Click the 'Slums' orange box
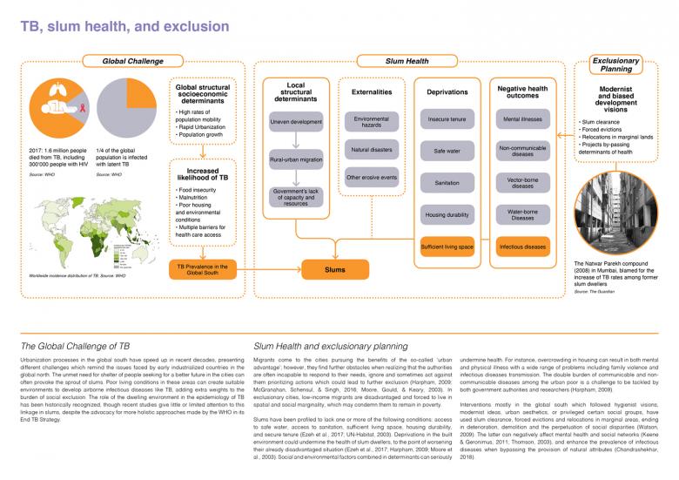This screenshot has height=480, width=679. (335, 270)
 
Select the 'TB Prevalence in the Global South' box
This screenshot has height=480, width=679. (203, 270)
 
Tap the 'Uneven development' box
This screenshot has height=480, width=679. (295, 122)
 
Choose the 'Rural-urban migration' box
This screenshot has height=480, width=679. (295, 160)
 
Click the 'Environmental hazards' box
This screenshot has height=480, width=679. (372, 122)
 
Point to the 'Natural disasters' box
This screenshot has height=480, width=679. (372, 151)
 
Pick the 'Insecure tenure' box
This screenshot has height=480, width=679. (447, 119)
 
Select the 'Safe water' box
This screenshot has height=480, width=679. (447, 152)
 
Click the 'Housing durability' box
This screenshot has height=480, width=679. (447, 214)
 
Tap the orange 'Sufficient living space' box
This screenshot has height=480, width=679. (447, 247)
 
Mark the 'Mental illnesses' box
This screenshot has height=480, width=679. (523, 119)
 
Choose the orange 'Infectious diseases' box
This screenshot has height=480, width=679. (523, 247)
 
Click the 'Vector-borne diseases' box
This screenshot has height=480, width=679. (523, 182)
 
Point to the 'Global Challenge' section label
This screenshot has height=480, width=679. (132, 61)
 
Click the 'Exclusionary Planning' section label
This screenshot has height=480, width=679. (616, 64)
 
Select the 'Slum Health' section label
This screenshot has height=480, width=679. (407, 61)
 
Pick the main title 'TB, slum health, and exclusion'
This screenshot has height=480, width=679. (124, 26)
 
